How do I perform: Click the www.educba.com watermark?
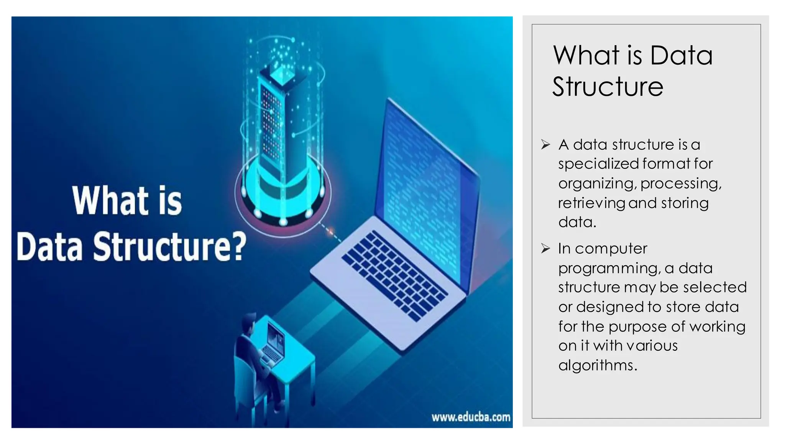tap(471, 417)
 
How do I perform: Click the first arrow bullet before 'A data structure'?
tap(545, 145)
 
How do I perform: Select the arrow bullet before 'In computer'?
tap(545, 249)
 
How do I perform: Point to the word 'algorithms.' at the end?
tap(598, 365)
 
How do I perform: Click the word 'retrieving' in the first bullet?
tap(591, 203)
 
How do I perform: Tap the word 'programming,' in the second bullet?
tap(609, 269)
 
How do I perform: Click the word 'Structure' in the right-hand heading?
tap(608, 87)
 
